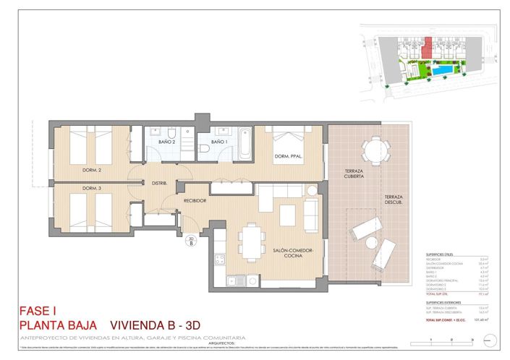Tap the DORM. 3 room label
point(91,189)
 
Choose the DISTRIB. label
point(159,184)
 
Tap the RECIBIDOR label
point(195,200)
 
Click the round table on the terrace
point(374,150)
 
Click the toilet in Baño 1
point(205,148)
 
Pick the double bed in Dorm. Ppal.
point(291,141)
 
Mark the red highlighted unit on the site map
point(428,49)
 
